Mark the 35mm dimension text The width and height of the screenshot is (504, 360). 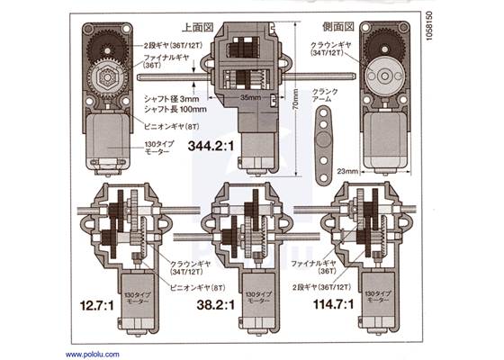coord(251,92)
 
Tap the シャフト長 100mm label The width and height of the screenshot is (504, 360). coord(174,108)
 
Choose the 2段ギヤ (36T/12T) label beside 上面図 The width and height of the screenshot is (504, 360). coord(173,43)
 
